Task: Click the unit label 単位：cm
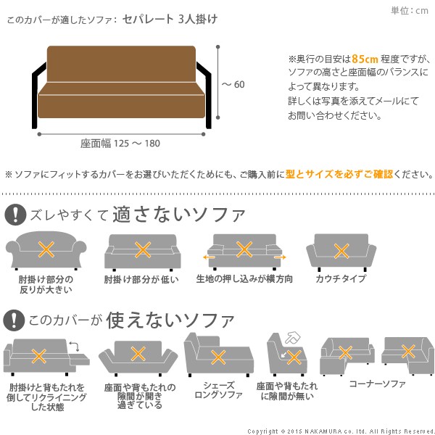(x=410, y=10)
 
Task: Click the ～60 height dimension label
(x=233, y=85)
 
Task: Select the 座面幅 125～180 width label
(x=120, y=143)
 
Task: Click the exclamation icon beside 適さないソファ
(x=14, y=214)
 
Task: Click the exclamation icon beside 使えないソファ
(x=14, y=320)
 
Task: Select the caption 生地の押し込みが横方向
(x=244, y=279)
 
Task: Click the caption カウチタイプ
(x=341, y=279)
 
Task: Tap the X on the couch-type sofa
(x=341, y=251)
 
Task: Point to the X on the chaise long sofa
(x=217, y=357)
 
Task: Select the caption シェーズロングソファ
(x=217, y=389)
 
